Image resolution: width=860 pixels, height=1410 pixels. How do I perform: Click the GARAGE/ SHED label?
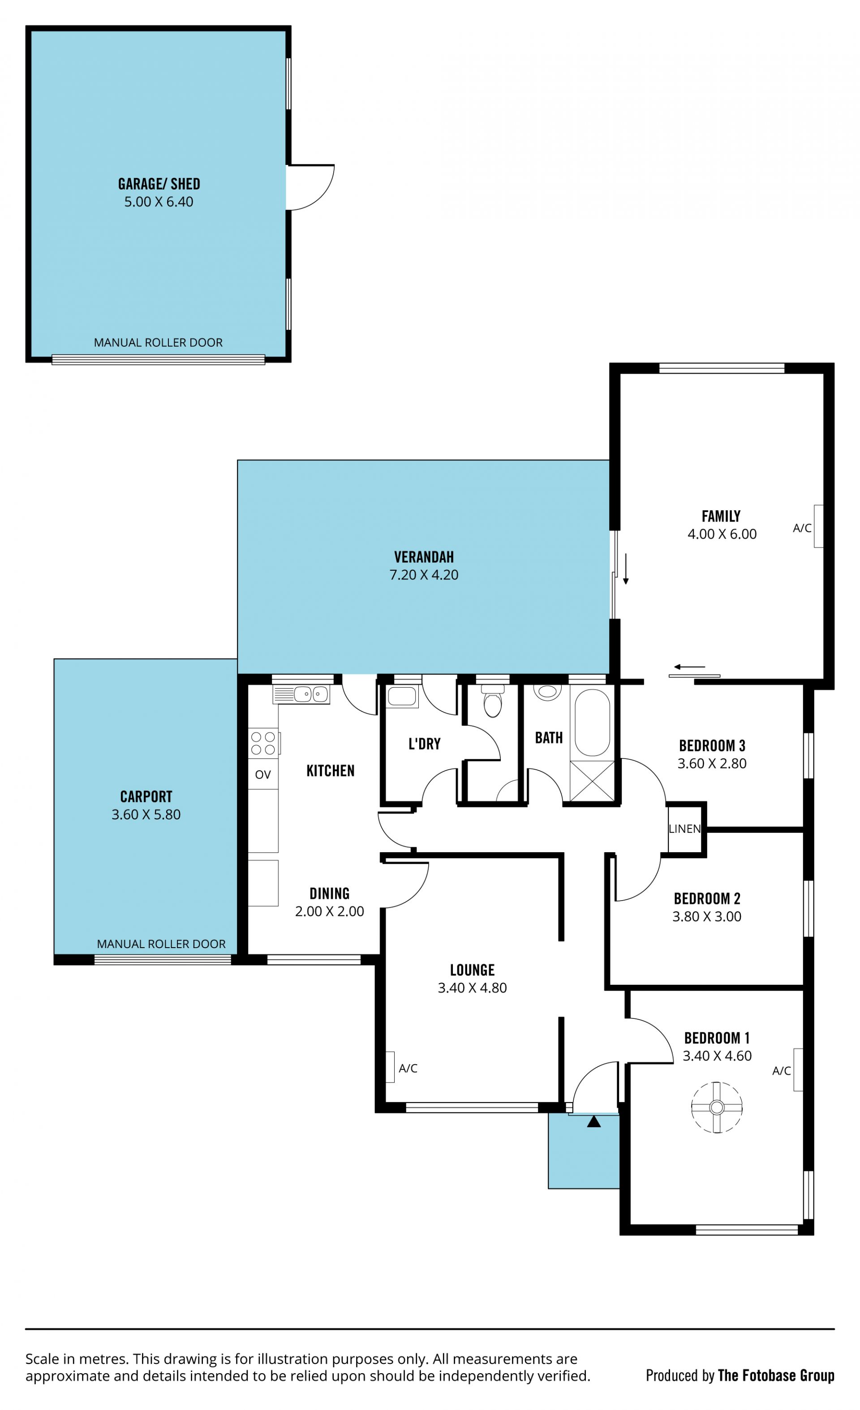click(x=159, y=184)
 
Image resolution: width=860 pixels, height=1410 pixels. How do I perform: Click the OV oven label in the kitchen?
click(x=262, y=775)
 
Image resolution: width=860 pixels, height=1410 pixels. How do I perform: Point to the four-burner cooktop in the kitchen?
click(x=263, y=743)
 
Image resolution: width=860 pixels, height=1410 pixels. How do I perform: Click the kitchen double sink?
click(x=301, y=694)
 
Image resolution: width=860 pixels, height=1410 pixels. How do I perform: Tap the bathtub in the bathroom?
click(x=592, y=723)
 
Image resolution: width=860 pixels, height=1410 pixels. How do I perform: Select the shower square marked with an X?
click(x=592, y=781)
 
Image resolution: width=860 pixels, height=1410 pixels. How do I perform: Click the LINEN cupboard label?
click(x=684, y=828)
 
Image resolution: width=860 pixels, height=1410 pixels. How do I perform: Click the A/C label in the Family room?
click(x=802, y=528)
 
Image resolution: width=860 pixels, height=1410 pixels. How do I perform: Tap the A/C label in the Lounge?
click(x=408, y=1069)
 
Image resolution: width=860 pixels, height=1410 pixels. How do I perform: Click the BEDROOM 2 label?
click(x=707, y=898)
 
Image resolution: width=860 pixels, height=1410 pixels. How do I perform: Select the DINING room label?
click(x=330, y=893)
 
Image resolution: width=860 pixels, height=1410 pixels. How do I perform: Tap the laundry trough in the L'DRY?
click(x=402, y=696)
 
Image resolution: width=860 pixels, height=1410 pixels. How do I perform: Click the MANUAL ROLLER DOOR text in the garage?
click(x=158, y=343)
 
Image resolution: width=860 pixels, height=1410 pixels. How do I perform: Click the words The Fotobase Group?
click(x=776, y=1376)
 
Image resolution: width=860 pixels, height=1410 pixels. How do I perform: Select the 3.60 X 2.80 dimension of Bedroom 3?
click(x=712, y=763)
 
